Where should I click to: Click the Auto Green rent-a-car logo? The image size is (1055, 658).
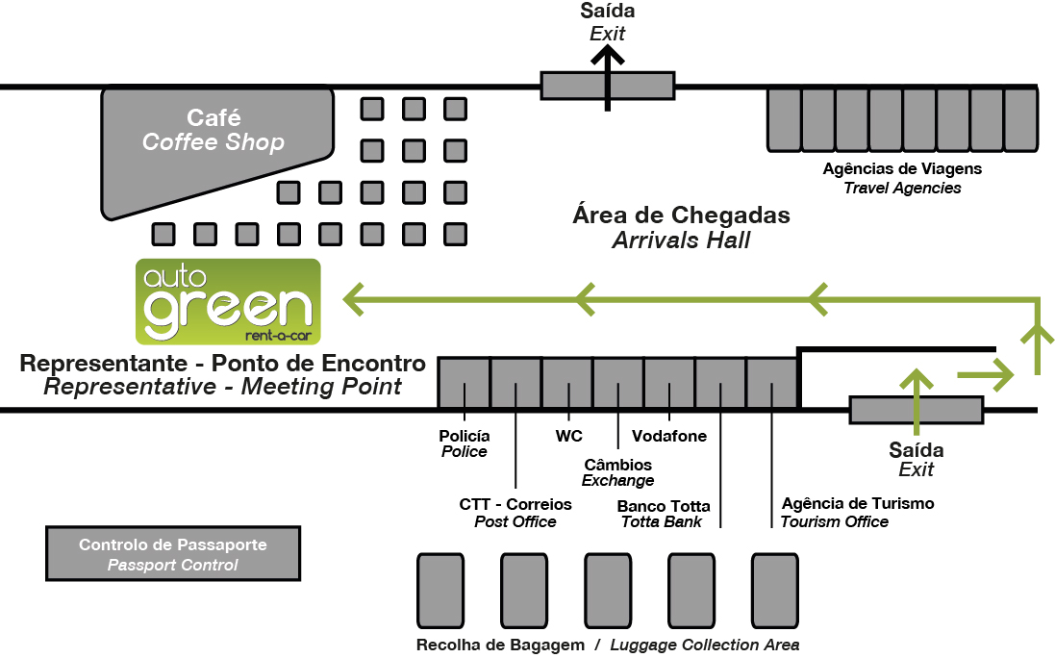tap(228, 301)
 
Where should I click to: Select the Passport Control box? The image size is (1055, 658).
tap(173, 554)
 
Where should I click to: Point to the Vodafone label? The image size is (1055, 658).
tap(669, 436)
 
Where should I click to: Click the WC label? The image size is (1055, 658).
tap(569, 436)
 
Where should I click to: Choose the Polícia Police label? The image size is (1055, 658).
tap(465, 443)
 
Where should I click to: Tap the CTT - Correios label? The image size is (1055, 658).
tap(515, 504)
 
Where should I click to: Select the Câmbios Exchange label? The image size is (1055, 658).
tap(618, 472)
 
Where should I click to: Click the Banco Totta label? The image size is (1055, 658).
tap(664, 506)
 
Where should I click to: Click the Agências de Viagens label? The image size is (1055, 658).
tap(902, 169)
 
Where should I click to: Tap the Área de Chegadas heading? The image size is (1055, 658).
tap(681, 215)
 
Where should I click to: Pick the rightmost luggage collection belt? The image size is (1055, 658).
tap(775, 590)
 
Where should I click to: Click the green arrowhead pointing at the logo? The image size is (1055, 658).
tap(356, 299)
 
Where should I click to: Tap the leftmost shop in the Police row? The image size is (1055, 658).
tap(464, 383)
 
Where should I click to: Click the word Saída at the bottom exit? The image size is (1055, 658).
tap(917, 450)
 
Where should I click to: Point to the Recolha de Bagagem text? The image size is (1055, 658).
tap(500, 645)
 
